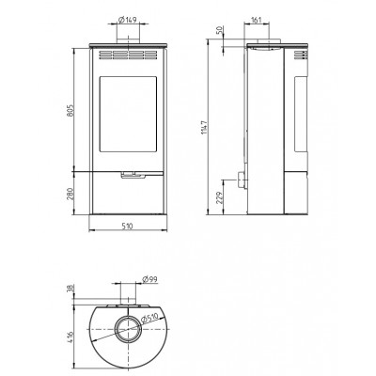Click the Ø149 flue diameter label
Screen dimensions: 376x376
coord(128,20)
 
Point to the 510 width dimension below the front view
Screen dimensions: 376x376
coord(127,226)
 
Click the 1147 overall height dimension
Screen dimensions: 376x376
coord(204,127)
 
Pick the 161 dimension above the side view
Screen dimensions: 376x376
coord(256,20)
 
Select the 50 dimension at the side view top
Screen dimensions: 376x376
coord(219,30)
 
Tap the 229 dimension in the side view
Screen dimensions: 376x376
coord(219,197)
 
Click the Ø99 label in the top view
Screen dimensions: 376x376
coord(149,279)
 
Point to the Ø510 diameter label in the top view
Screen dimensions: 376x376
coord(149,319)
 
